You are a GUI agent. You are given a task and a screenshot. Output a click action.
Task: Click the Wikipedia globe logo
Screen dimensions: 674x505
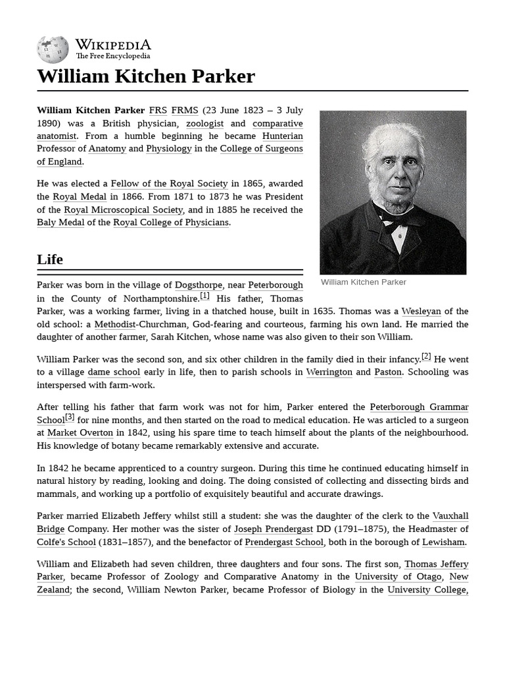[53, 50]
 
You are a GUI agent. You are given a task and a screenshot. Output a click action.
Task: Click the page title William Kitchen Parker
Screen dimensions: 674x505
[145, 76]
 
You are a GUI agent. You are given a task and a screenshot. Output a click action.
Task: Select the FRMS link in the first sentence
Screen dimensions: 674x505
[185, 111]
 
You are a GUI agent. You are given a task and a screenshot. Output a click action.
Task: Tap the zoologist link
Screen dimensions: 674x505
[204, 123]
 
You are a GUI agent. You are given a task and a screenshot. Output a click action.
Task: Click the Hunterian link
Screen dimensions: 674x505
[283, 136]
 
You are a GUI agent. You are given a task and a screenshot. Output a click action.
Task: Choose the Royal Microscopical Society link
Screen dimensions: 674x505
[123, 209]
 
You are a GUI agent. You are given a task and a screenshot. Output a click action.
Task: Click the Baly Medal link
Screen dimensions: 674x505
[60, 222]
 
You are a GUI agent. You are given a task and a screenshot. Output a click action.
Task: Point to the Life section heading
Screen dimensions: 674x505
[50, 259]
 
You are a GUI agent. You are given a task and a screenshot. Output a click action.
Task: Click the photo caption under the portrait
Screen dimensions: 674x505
[363, 282]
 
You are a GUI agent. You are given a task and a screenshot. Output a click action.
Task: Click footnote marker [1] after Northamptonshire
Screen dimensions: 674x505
[204, 296]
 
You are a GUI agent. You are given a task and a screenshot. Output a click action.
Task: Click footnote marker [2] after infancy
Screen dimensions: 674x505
[426, 357]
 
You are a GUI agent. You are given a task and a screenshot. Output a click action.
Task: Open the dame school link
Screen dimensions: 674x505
[114, 372]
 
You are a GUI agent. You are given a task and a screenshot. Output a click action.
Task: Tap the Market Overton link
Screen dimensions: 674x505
[80, 433]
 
